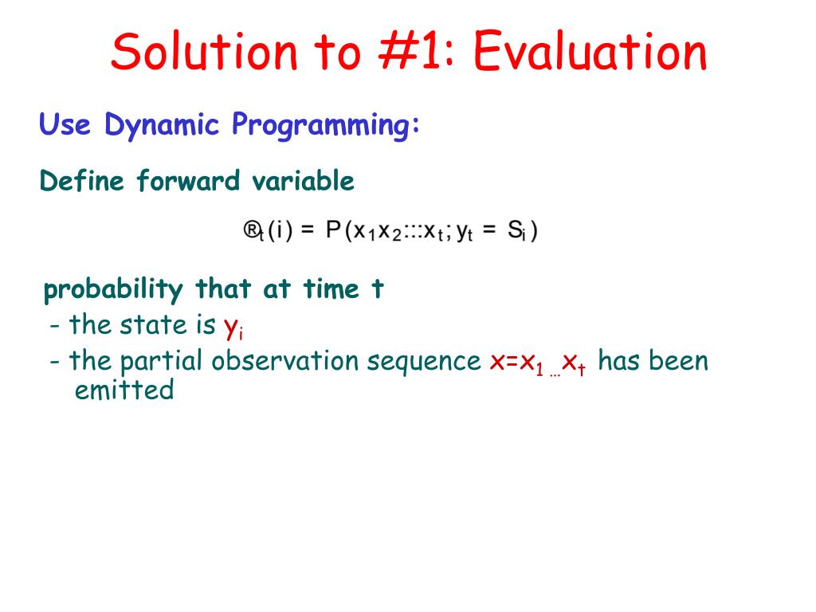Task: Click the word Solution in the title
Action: [x=204, y=51]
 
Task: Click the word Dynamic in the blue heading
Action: [x=162, y=125]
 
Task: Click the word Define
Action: [x=82, y=181]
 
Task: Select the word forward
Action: [x=188, y=181]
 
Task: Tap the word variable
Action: [x=304, y=181]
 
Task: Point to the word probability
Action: [x=113, y=290]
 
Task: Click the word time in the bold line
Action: [x=331, y=288]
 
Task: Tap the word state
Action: [x=154, y=325]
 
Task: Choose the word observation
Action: [x=285, y=360]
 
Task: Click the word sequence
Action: [x=424, y=362]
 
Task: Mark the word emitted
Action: [x=124, y=390]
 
